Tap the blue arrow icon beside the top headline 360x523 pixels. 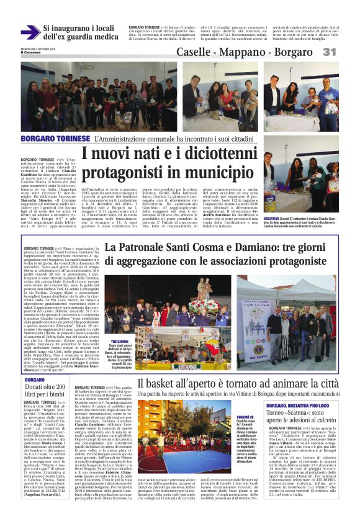point(29,32)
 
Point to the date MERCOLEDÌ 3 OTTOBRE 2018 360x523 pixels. point(39,47)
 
